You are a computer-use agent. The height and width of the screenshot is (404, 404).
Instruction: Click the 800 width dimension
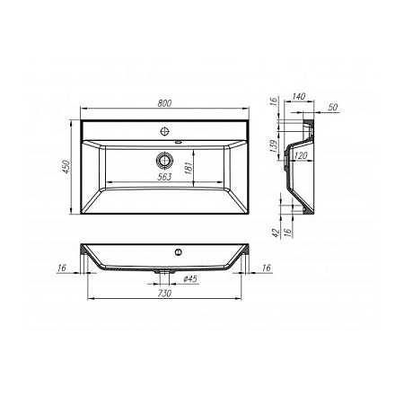click(x=163, y=103)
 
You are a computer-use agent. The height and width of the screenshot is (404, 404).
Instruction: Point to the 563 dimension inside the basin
click(x=163, y=177)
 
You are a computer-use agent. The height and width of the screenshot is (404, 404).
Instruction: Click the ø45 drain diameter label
click(x=189, y=278)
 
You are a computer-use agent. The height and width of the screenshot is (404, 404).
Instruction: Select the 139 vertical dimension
click(x=274, y=145)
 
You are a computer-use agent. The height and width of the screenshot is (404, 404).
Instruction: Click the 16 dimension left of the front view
click(x=60, y=267)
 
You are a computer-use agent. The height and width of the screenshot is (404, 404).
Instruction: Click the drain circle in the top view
click(x=163, y=161)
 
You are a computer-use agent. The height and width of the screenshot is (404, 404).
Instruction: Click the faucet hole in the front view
click(x=177, y=251)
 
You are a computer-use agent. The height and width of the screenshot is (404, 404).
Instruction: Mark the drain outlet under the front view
click(x=163, y=269)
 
